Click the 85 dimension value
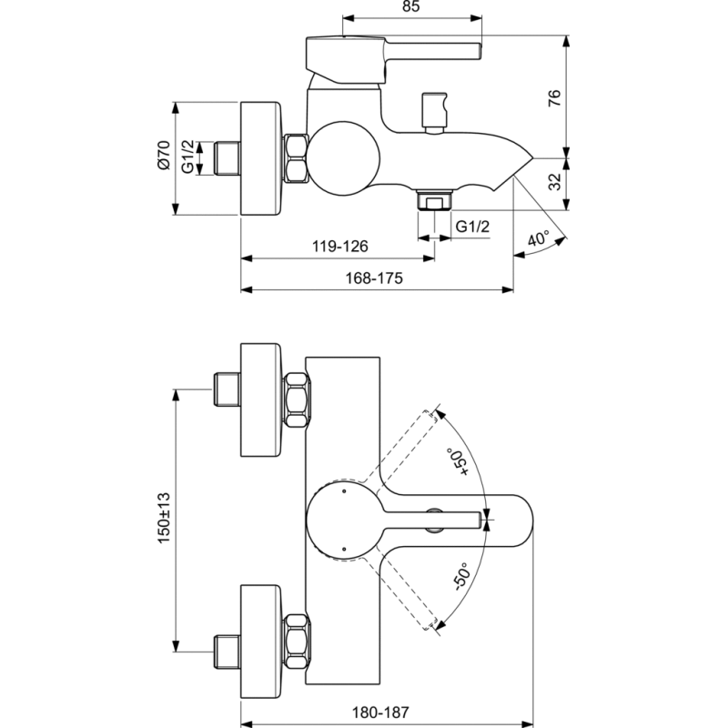[x=409, y=8]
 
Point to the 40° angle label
[x=540, y=239]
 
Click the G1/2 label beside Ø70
[x=187, y=157]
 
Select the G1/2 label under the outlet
[x=472, y=226]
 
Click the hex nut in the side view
[x=296, y=158]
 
